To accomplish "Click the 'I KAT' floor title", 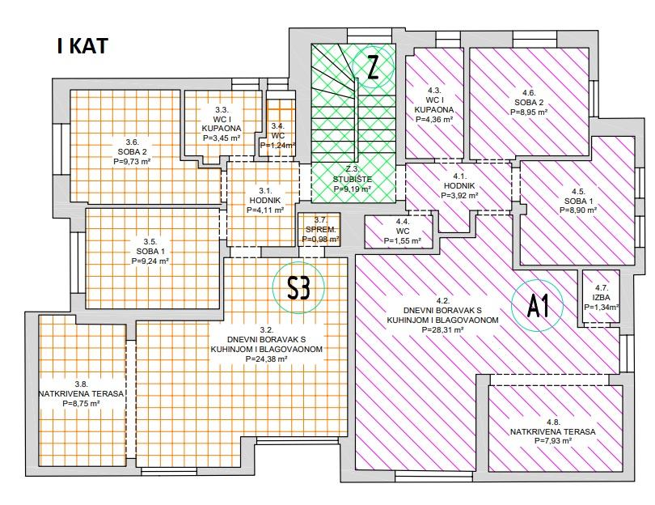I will point(82,45).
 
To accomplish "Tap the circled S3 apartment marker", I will point(298,286).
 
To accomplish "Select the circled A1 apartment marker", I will point(538,306).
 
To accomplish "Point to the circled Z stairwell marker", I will point(372,66).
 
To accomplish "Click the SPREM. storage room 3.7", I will point(316,229).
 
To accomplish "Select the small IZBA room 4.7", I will point(601,297).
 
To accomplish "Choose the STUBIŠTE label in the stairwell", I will point(353,179).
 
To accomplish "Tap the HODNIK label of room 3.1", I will point(265,200).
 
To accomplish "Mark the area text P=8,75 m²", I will point(81,402).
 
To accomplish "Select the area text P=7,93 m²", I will point(552,441).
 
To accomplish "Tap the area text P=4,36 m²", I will point(433,119).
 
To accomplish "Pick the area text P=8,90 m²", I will point(577,210).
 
